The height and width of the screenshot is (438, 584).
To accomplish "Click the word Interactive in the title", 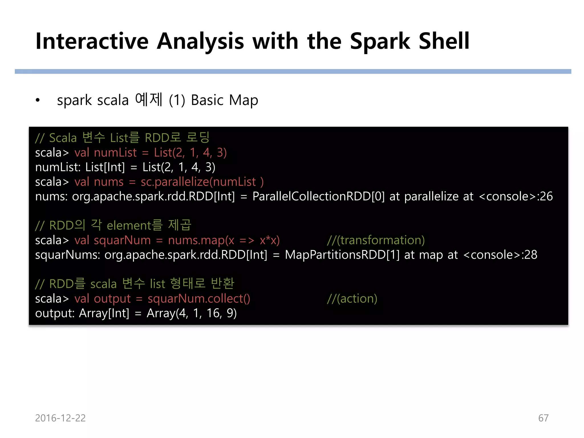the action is pos(92,41).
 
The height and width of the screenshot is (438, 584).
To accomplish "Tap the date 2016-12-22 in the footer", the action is pos(60,418).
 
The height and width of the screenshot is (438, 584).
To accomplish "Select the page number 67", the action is pos(543,418).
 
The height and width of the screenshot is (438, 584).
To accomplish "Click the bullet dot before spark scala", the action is pos(38,100).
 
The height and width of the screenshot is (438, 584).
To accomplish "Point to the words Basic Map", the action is pos(224,100).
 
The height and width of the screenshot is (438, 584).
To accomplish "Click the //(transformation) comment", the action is pos(376,240).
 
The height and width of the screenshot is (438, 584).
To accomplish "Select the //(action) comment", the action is pos(352,299).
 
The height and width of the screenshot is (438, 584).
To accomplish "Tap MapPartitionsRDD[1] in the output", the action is pos(342,255).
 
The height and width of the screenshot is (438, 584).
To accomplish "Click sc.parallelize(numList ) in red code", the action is pos(202,182).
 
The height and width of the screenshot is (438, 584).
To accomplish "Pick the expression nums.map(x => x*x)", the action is pos(224,240).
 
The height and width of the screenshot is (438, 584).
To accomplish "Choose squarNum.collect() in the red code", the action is pos(199,299).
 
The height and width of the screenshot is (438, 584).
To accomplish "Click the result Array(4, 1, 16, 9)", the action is pos(192,313).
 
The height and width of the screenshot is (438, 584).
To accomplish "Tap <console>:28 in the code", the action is pos(500,255).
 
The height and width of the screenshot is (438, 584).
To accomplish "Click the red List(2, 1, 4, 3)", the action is pos(190,153).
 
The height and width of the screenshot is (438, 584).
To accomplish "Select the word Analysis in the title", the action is pos(200,41).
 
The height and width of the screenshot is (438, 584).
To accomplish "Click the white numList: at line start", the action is pos(58,167).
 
